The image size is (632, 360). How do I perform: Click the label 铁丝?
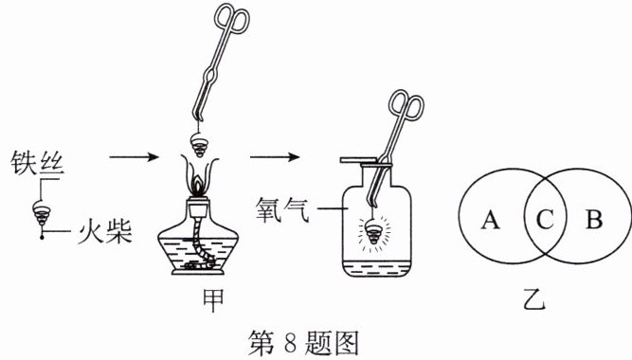[37, 162]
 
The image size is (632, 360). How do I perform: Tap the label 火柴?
[105, 231]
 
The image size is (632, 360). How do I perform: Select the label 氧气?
[282, 209]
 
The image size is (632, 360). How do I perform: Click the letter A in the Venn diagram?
[490, 220]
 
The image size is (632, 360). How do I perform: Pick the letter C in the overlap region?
[545, 220]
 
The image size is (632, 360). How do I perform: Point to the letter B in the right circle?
[594, 220]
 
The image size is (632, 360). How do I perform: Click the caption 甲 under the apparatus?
[212, 301]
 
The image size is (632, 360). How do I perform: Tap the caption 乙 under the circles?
[534, 298]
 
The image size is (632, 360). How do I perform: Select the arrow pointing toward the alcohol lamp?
[135, 157]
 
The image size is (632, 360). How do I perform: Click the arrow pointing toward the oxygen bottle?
[275, 157]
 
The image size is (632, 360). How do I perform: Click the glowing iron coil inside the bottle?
[374, 233]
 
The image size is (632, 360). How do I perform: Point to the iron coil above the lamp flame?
[199, 145]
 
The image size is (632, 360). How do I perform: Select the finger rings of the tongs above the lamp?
[231, 17]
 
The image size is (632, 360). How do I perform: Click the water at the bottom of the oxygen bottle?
[376, 269]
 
